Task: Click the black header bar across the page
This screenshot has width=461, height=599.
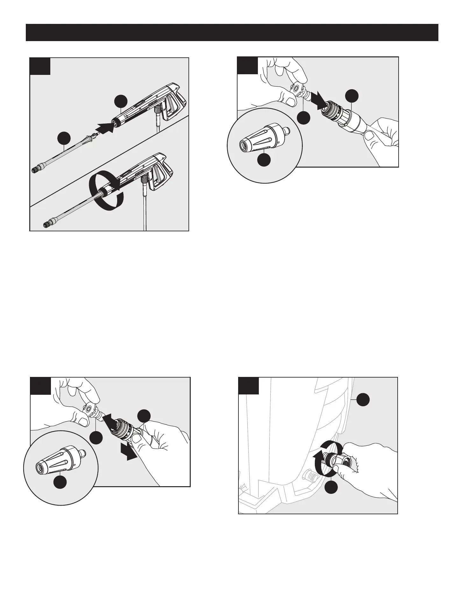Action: click(x=232, y=32)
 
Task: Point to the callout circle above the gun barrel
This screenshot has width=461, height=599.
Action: click(x=121, y=101)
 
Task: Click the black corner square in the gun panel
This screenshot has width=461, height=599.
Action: click(x=40, y=66)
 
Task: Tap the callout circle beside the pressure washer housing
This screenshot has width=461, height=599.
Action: click(x=363, y=400)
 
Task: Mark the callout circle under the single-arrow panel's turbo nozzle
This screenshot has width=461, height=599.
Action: click(x=264, y=160)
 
